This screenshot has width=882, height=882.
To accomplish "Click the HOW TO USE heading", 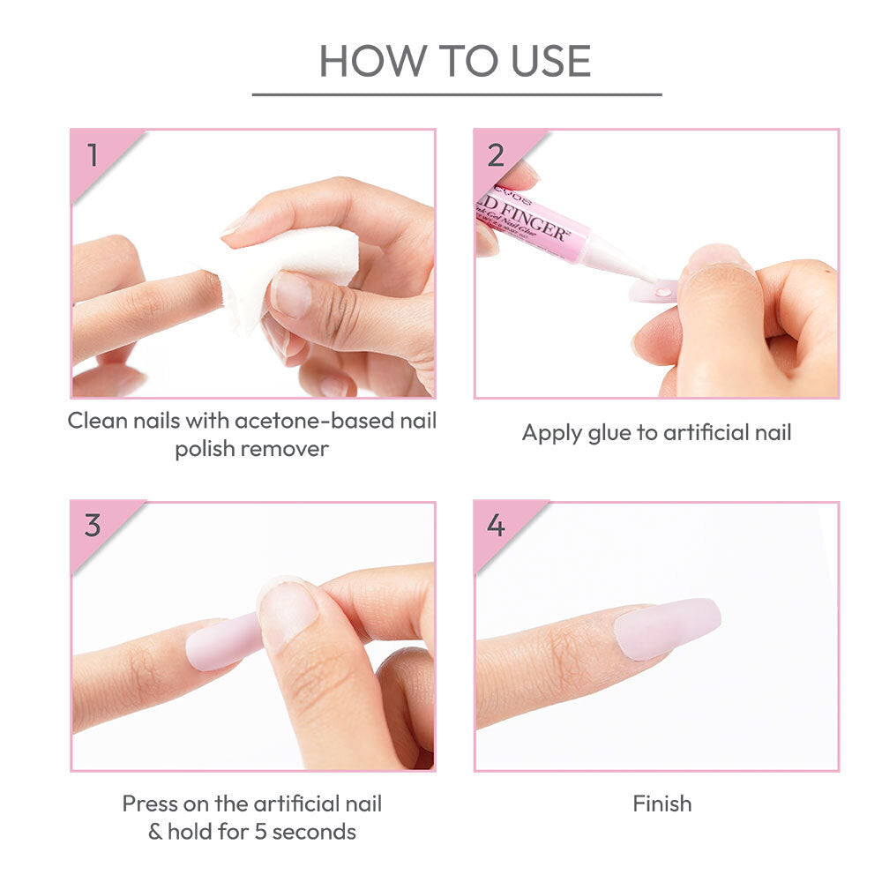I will (455, 60).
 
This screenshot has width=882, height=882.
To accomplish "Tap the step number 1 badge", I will (93, 155).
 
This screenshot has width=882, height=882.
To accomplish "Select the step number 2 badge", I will (496, 155).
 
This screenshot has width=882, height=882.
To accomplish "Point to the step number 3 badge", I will (93, 527).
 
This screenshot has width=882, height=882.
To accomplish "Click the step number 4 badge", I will (496, 527).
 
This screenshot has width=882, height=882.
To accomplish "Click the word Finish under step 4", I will (661, 804).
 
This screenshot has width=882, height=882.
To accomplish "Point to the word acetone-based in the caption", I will (309, 421).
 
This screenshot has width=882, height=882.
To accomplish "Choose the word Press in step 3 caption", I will (150, 804).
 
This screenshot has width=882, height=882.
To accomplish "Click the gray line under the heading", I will (456, 94).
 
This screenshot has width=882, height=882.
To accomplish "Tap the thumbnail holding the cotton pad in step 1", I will (290, 294).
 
